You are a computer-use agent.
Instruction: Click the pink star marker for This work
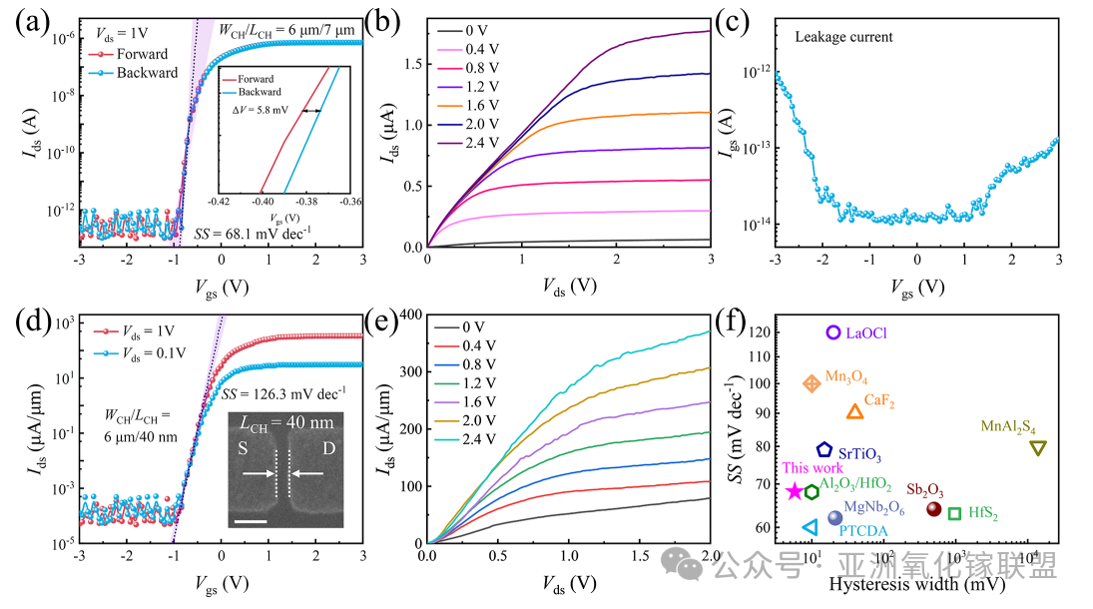point(795,490)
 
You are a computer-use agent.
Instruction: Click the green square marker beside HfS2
point(954,513)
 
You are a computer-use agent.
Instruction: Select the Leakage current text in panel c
point(843,37)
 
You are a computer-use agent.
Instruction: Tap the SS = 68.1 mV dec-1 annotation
point(253,234)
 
